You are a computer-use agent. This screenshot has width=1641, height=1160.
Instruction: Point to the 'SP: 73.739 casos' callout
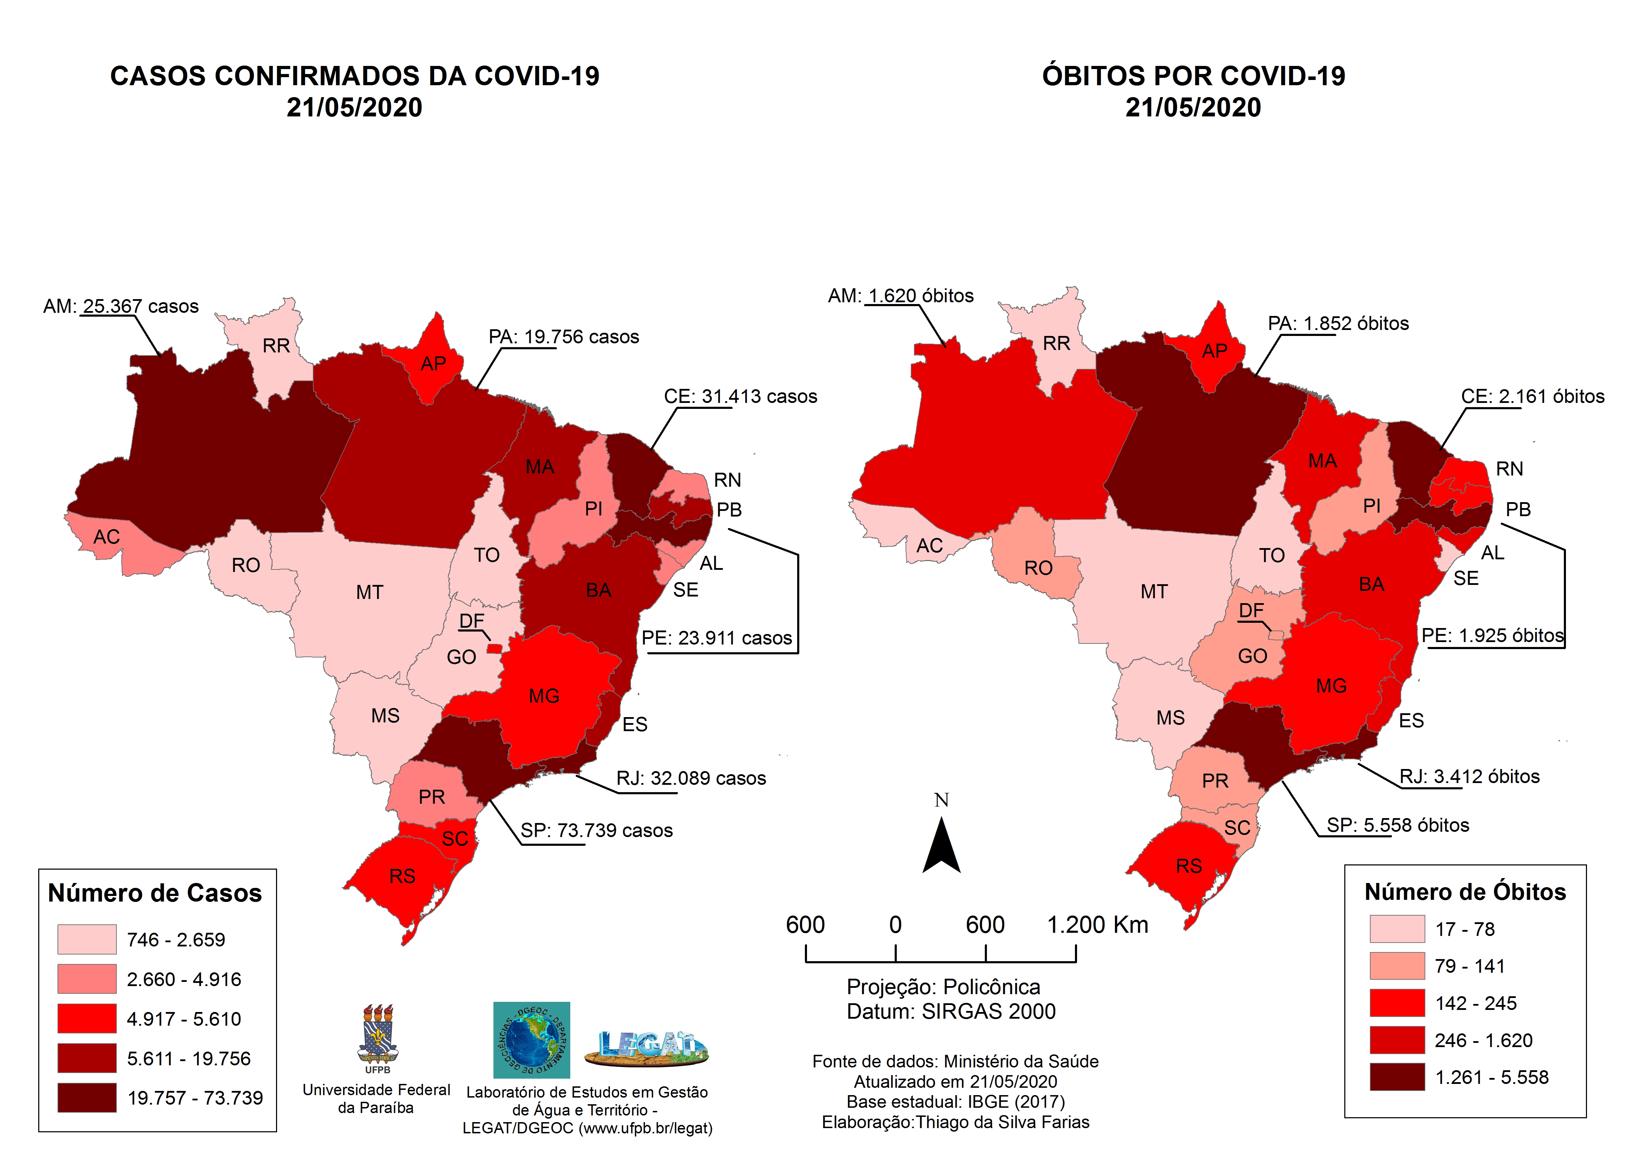[x=596, y=830]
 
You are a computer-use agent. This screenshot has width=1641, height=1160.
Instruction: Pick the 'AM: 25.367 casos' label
[x=121, y=306]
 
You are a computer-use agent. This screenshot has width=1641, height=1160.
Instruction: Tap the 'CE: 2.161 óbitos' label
[x=1532, y=397]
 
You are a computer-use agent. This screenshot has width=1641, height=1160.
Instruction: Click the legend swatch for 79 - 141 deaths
[x=1397, y=966]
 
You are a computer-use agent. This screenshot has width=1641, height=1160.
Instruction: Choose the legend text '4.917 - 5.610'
[x=184, y=1019]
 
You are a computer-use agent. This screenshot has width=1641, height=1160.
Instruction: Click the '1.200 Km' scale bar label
[x=1097, y=925]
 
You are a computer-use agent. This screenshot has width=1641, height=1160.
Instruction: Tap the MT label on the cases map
[x=370, y=593]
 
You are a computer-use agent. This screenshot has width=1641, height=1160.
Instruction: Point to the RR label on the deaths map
[x=1056, y=344]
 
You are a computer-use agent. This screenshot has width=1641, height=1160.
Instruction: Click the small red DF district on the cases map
[x=494, y=648]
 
